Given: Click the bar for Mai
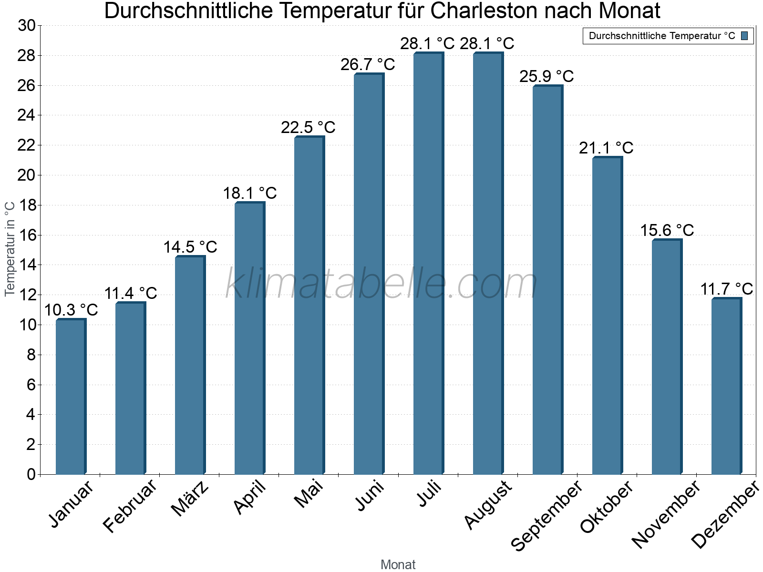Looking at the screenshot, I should click(309, 305).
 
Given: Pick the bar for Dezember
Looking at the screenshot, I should click(726, 386).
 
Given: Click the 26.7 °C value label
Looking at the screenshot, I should click(368, 64).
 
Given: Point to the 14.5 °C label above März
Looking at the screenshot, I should click(190, 247).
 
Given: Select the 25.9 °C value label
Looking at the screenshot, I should click(546, 76).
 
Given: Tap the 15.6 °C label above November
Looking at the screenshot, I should click(667, 230).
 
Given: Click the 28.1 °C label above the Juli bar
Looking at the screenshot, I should click(427, 44).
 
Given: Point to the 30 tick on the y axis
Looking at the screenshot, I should click(27, 26).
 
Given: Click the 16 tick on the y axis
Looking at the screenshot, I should click(27, 235).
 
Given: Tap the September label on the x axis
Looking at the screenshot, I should click(546, 515).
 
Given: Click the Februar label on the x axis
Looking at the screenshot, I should click(130, 505).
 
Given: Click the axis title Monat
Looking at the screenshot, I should click(398, 565).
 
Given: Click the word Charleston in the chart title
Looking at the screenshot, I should click(485, 11).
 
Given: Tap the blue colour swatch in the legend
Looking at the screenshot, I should click(744, 36).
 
